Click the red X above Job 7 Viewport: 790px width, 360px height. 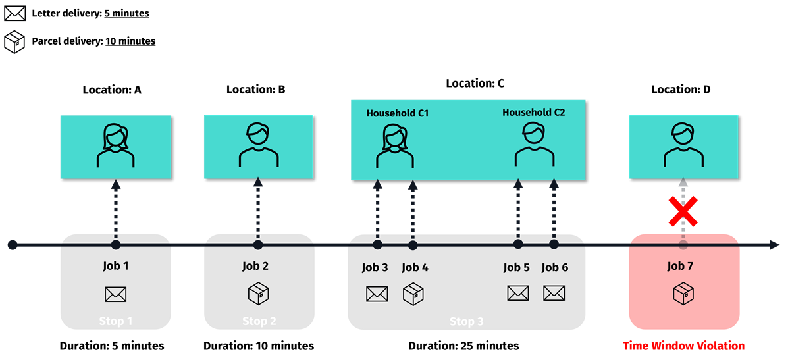[683, 211]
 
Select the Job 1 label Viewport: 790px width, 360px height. [115, 267]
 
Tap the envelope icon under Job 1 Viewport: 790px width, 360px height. [115, 294]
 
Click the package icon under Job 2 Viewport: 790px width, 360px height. [258, 294]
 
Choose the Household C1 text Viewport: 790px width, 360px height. [398, 113]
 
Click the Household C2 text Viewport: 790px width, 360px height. [533, 112]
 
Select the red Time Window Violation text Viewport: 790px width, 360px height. [683, 346]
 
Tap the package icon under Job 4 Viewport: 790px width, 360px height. [413, 294]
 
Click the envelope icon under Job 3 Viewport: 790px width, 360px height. [377, 294]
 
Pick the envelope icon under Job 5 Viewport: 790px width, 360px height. [517, 293]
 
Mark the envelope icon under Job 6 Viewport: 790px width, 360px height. [554, 293]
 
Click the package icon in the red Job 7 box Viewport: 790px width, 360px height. [683, 294]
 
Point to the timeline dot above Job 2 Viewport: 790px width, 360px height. [258, 245]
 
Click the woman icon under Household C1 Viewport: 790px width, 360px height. [395, 146]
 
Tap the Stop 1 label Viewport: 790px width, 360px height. [115, 321]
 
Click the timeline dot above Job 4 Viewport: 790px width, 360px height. [413, 245]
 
